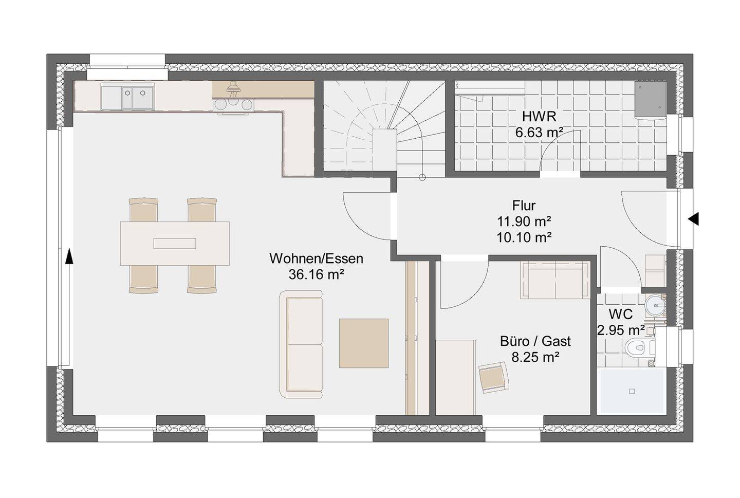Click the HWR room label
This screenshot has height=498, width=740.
click(x=539, y=117)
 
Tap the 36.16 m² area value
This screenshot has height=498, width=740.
click(x=316, y=274)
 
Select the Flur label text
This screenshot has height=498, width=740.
click(x=524, y=206)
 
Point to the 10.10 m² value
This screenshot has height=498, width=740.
click(x=524, y=237)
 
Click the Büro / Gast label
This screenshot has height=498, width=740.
click(x=535, y=341)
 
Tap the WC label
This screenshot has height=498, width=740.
click(x=621, y=314)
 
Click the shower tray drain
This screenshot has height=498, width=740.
click(x=632, y=391)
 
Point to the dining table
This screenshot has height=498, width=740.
click(x=175, y=243)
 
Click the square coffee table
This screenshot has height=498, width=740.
click(x=364, y=343)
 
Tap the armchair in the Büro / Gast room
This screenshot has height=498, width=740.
click(x=493, y=377)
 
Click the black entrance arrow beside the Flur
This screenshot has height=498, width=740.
click(x=693, y=219)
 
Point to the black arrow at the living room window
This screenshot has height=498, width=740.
click(x=69, y=257)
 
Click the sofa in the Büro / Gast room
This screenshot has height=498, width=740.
click(x=556, y=280)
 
